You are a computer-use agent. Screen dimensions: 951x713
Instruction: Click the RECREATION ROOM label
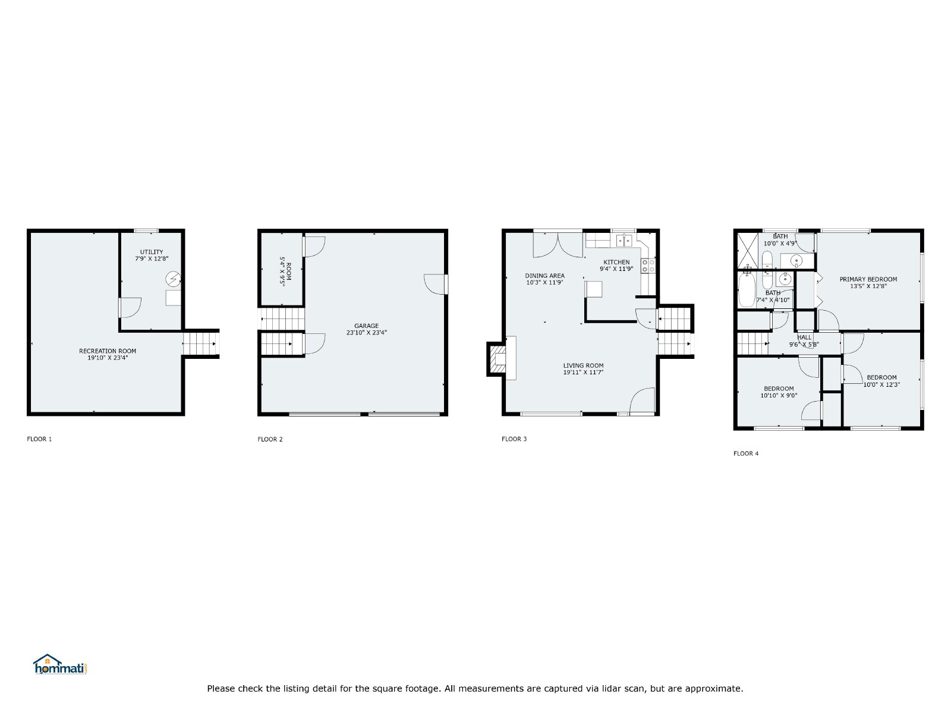click(108, 351)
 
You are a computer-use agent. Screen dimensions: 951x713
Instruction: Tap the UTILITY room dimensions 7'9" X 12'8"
click(152, 259)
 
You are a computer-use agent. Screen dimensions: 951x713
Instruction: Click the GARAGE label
click(366, 326)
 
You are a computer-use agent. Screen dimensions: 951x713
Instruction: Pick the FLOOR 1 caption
click(39, 439)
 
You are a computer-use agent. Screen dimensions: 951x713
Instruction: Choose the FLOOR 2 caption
click(270, 439)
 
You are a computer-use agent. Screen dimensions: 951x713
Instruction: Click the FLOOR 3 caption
click(514, 439)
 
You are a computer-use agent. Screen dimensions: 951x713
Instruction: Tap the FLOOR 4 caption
click(746, 453)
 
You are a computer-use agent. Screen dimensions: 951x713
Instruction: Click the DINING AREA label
click(544, 276)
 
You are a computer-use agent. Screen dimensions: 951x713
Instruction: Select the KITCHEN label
click(616, 262)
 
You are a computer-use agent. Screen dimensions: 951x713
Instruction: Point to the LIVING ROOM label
click(583, 365)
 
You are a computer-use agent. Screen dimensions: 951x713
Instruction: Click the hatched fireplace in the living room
click(497, 359)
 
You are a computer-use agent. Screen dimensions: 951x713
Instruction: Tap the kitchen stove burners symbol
click(648, 266)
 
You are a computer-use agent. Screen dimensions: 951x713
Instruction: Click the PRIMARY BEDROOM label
click(868, 279)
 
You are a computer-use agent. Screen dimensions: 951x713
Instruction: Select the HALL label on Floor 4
click(804, 337)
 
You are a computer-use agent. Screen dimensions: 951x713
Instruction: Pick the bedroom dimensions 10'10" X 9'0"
click(779, 395)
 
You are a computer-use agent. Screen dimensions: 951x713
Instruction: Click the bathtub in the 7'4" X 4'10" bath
click(747, 289)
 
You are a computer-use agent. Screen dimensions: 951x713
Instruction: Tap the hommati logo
click(60, 664)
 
